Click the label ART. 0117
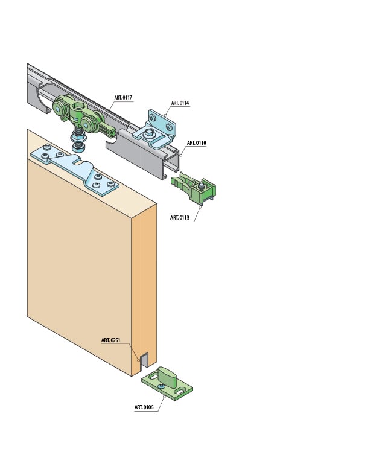123,98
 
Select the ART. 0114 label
180,103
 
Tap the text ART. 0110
196,143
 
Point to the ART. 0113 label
180,218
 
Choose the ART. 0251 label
110,340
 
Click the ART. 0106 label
144,407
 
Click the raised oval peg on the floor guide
167,377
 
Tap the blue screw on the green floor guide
161,386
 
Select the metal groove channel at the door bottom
143,360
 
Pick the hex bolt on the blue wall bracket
149,132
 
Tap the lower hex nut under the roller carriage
78,147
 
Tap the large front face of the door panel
78,266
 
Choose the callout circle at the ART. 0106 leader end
164,397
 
